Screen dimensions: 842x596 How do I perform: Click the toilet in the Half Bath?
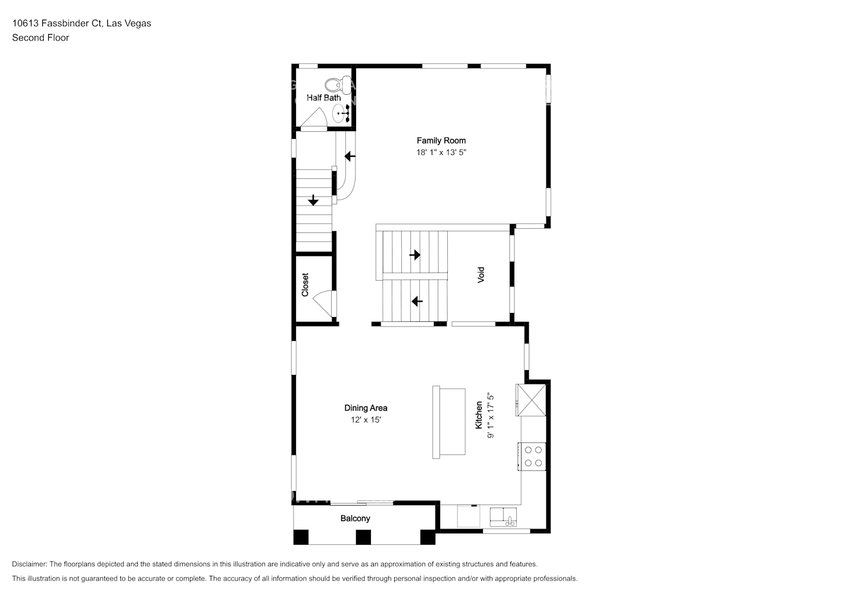338,85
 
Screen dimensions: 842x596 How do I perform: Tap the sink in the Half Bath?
341,113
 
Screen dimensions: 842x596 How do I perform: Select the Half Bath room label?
324,98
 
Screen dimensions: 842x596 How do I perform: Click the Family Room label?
441,141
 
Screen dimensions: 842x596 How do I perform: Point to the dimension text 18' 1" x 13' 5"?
441,153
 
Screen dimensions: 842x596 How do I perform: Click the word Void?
481,275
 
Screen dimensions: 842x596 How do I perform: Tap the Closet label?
305,285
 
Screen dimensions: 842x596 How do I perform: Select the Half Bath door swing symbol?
314,119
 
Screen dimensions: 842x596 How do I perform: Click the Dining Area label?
366,408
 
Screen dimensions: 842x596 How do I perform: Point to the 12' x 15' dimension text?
366,420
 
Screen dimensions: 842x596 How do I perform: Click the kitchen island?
449,422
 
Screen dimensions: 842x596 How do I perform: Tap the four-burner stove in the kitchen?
532,457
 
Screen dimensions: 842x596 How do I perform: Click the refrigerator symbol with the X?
531,400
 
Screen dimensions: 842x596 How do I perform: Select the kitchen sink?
503,517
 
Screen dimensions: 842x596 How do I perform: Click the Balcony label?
355,519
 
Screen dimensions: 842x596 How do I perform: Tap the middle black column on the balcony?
363,537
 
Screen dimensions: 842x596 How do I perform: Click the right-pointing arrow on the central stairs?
414,254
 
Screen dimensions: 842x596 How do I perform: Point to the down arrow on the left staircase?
313,200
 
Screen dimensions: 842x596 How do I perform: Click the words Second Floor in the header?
40,38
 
